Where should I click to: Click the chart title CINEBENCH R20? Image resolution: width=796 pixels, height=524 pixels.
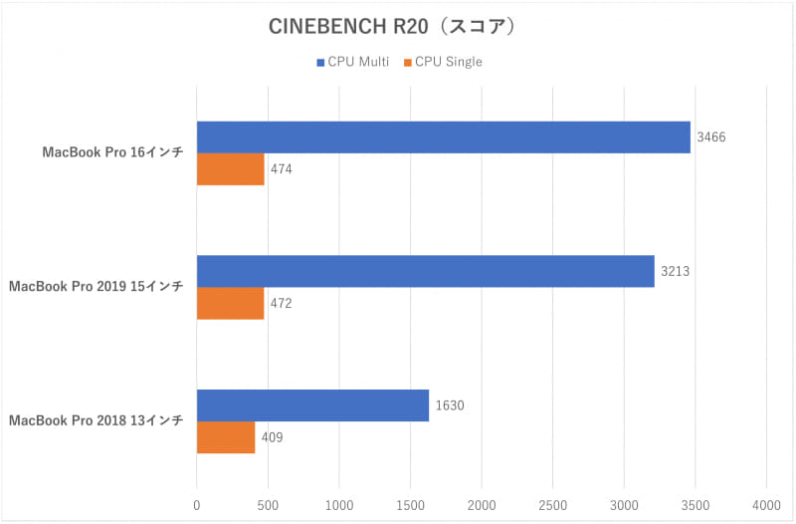tap(391, 27)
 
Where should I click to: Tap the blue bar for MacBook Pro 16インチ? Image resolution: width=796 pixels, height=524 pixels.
tap(443, 137)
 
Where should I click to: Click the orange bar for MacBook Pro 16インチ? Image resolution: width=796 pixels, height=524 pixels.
tap(230, 169)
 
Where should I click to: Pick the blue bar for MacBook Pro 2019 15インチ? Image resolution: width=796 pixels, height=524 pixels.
tap(425, 271)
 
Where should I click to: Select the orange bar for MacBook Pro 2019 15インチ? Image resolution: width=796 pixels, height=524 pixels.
tap(230, 303)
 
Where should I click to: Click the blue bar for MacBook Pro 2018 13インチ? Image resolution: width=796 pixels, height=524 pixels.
tap(312, 405)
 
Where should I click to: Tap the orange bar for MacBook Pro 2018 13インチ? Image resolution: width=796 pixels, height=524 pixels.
tap(225, 437)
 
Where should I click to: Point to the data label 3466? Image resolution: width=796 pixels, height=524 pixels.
tap(710, 137)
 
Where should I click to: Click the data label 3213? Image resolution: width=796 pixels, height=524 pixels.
tap(675, 271)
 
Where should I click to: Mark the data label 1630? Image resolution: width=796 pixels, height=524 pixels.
tap(449, 405)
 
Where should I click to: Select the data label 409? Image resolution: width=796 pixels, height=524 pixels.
tap(273, 437)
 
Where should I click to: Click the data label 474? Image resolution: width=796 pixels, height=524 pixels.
tap(282, 169)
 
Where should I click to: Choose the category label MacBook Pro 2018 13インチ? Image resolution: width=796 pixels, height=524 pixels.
tap(96, 420)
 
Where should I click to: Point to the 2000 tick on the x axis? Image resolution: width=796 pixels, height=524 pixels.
tap(482, 505)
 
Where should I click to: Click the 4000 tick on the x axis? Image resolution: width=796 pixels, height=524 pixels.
tap(766, 505)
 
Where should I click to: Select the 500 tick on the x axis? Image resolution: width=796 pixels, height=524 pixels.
tap(268, 505)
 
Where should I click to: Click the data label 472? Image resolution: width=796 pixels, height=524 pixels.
tap(282, 303)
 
